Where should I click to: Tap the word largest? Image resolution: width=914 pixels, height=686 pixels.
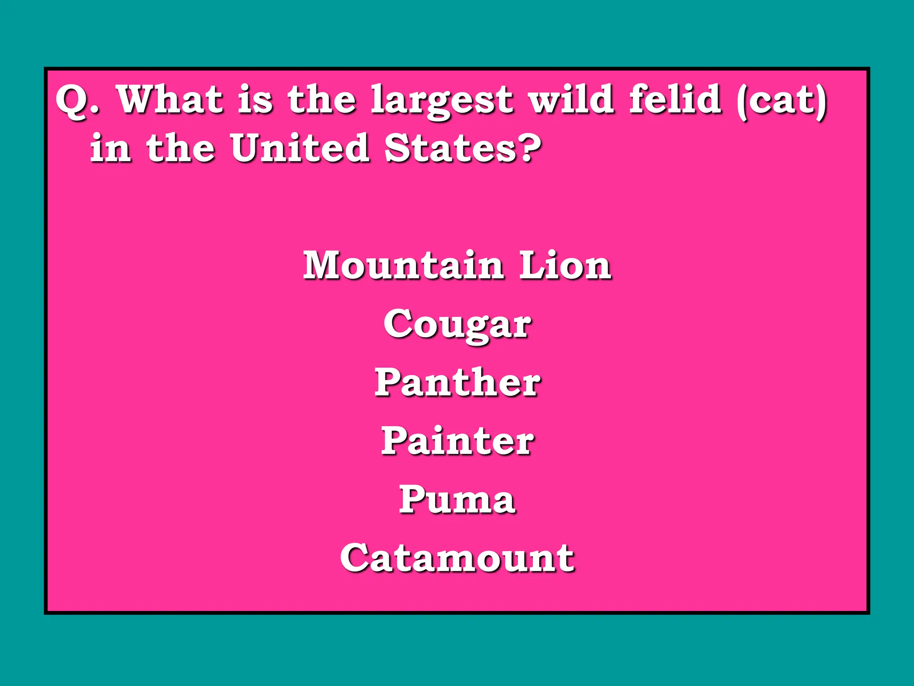point(442,101)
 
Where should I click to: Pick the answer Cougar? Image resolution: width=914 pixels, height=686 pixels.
point(457,325)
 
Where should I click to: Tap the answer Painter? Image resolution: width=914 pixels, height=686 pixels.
point(457,441)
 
